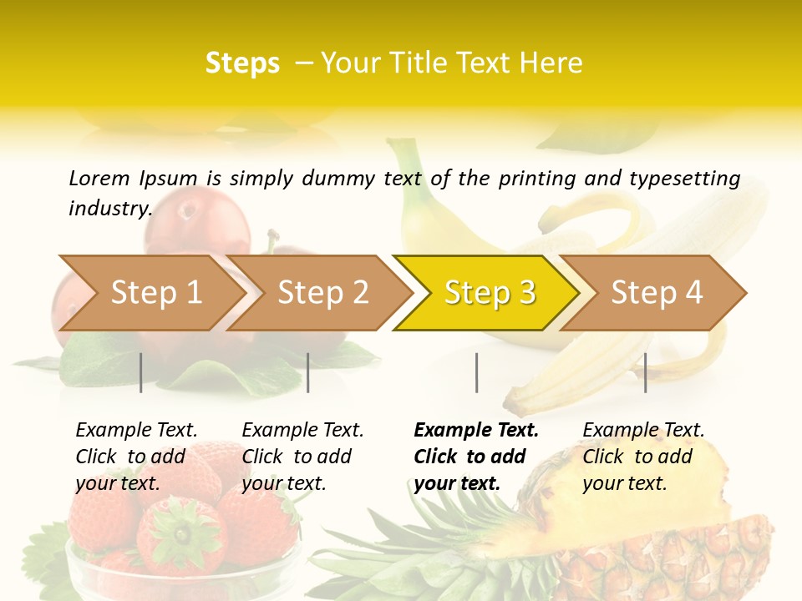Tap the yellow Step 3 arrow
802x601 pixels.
(x=490, y=293)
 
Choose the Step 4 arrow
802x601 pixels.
(x=657, y=293)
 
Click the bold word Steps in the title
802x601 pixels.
(x=242, y=63)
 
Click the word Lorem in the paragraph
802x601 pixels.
(x=99, y=179)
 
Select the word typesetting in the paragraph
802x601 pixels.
(x=684, y=179)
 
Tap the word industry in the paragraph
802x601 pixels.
(x=109, y=208)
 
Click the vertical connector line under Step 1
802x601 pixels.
(x=141, y=372)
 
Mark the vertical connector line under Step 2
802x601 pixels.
(x=308, y=372)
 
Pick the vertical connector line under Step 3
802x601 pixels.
(x=476, y=372)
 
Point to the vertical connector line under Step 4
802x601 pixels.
(x=645, y=372)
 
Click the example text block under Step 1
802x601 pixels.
(x=136, y=457)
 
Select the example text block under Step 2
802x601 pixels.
(x=302, y=457)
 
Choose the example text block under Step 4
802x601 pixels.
(x=643, y=457)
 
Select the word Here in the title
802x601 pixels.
(x=551, y=63)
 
